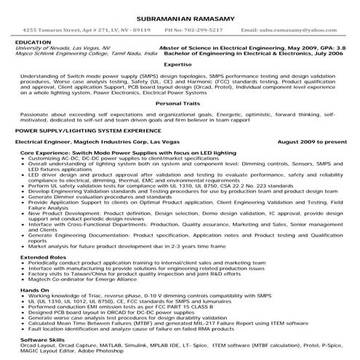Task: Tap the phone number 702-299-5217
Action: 195,31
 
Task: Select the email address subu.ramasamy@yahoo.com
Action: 299,31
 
